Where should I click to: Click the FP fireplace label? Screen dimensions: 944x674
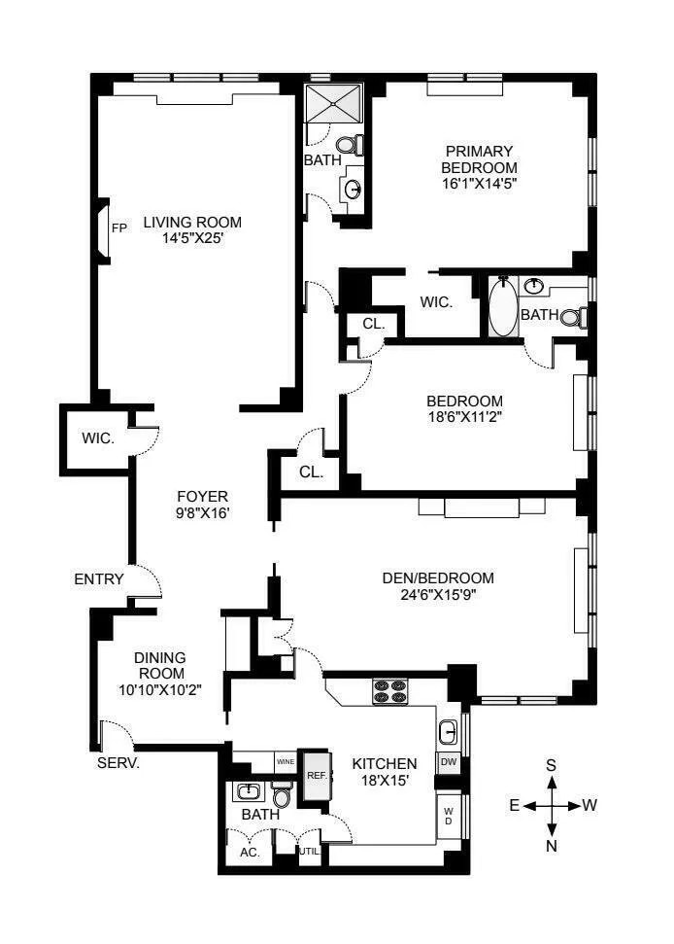(x=119, y=228)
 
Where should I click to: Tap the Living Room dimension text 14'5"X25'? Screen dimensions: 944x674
(x=192, y=238)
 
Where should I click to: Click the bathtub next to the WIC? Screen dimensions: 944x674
(x=503, y=308)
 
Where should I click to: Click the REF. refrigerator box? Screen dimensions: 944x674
(x=316, y=776)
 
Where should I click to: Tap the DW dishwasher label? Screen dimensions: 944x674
(x=449, y=762)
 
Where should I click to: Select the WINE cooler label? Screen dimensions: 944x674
(x=286, y=761)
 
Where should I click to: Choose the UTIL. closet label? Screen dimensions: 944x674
(x=309, y=851)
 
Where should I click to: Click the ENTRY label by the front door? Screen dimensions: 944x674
(x=99, y=579)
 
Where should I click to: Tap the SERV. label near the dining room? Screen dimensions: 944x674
(x=118, y=763)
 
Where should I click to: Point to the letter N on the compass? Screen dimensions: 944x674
(x=552, y=845)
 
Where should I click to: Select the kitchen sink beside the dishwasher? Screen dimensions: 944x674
(x=449, y=731)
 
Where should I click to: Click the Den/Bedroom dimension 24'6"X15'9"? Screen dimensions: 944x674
(x=438, y=593)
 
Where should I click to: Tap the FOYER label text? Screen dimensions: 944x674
(x=202, y=495)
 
